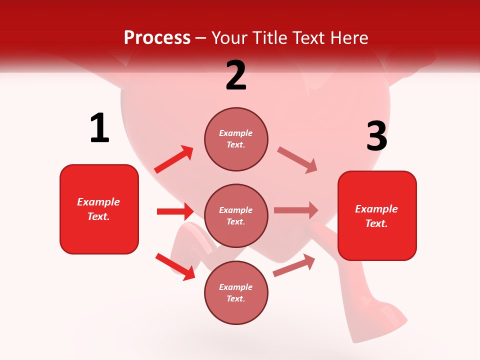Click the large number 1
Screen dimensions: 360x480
tap(99, 128)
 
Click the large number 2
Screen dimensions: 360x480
tap(236, 75)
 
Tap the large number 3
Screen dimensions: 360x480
tap(376, 136)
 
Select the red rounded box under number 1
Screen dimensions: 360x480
tap(99, 209)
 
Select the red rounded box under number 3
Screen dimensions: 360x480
tap(377, 215)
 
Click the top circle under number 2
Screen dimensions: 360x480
tap(236, 139)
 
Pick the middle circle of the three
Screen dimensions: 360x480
tap(236, 215)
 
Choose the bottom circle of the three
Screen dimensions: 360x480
tap(236, 292)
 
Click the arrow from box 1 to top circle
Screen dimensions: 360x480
tap(174, 159)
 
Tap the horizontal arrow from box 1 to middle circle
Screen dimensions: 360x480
tap(175, 211)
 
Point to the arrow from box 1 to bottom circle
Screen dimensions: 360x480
tap(175, 266)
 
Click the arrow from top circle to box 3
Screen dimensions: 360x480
tap(297, 160)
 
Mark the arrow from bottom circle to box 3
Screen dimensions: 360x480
tap(294, 265)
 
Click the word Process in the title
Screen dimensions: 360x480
tap(157, 37)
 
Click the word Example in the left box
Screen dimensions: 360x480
tap(98, 202)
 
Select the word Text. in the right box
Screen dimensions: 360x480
tap(376, 223)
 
